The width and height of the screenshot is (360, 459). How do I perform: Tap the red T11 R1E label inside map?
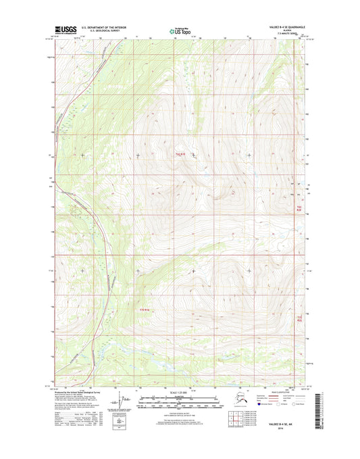click(145, 309)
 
